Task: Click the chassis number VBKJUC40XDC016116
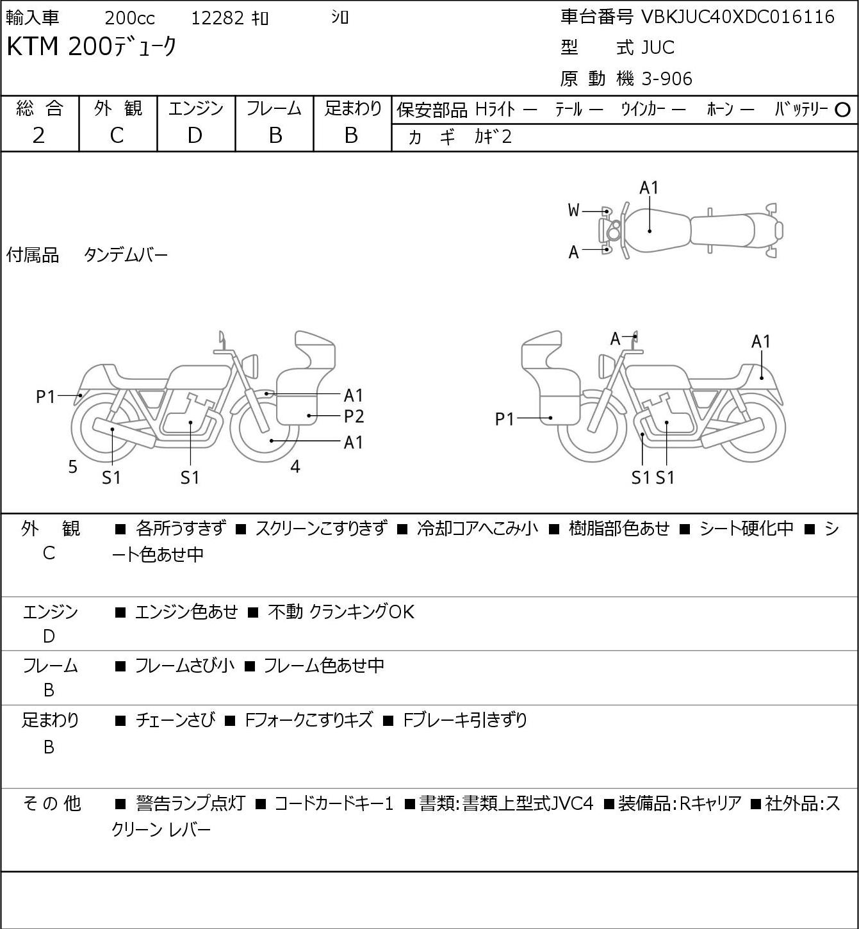[x=737, y=17]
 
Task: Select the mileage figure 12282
[x=218, y=18]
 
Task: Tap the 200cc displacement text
[x=129, y=18]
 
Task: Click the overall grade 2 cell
[x=39, y=135]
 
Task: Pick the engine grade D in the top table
[x=195, y=135]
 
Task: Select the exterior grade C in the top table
[x=117, y=135]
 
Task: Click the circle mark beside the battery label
[x=842, y=110]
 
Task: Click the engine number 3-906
[x=667, y=79]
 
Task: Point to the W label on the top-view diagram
[x=573, y=210]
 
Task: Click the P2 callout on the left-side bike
[x=354, y=416]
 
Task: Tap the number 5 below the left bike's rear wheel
[x=72, y=466]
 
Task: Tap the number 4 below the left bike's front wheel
[x=295, y=466]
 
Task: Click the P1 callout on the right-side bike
[x=505, y=419]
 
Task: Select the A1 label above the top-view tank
[x=649, y=188]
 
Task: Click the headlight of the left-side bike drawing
[x=252, y=366]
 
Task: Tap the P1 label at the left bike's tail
[x=46, y=397]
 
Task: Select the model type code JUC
[x=658, y=47]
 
